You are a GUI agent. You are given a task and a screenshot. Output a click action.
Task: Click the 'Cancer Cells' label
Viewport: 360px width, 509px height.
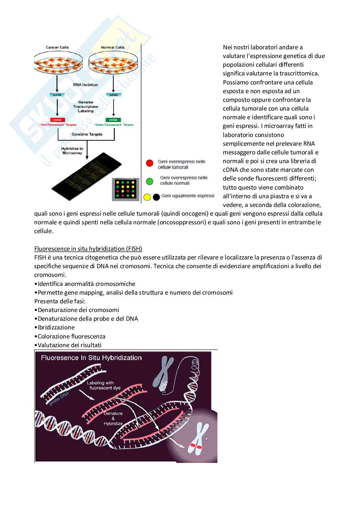click(57, 47)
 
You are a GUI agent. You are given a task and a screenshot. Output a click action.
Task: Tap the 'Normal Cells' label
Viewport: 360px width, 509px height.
click(113, 47)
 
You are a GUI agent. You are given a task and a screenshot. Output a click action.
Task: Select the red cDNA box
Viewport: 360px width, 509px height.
click(57, 120)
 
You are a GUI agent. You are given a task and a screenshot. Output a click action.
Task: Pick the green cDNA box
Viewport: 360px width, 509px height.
click(113, 120)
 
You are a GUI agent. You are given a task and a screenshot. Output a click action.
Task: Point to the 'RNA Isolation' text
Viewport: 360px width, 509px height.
click(85, 85)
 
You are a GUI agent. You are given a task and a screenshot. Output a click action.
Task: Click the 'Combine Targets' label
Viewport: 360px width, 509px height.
click(87, 134)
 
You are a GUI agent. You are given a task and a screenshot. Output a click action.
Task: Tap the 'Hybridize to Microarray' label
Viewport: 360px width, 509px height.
click(72, 151)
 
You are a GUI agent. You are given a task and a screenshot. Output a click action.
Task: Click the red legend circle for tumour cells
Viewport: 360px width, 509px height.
click(150, 163)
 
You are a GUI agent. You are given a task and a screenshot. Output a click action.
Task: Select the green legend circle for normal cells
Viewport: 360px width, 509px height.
click(150, 181)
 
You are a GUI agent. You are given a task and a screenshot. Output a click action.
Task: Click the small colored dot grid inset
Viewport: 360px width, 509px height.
click(125, 190)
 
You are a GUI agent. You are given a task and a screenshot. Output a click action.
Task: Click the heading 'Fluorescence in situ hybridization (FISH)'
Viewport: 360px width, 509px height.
click(88, 249)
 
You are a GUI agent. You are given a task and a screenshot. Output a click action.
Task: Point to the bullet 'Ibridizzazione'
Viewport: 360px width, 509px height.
click(56, 327)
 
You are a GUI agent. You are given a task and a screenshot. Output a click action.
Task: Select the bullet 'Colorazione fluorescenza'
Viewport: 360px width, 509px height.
click(71, 336)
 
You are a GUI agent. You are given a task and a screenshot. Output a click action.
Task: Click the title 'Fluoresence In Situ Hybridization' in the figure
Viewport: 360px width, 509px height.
click(91, 357)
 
